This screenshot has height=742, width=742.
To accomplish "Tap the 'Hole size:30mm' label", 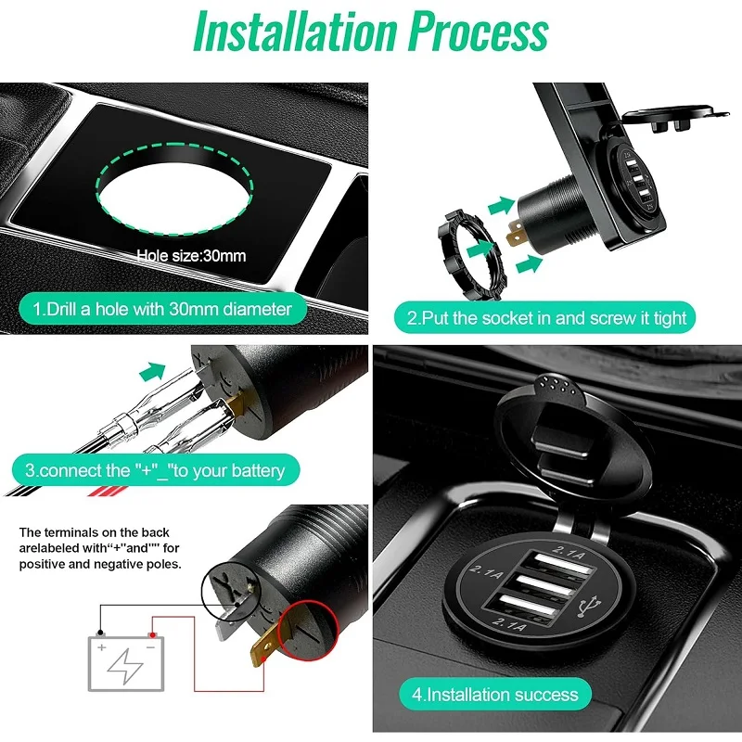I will (191, 255).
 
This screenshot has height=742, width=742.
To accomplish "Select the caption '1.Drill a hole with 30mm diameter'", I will (162, 309).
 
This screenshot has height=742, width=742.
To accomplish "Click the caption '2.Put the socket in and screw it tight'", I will (547, 318).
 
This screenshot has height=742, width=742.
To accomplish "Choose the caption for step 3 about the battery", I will (155, 470).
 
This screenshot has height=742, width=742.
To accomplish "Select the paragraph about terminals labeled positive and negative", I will (100, 548).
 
